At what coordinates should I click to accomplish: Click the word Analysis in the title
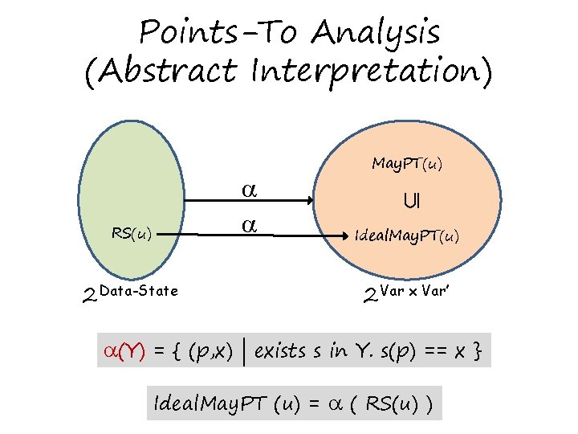[376, 34]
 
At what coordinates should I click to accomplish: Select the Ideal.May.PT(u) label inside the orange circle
[407, 236]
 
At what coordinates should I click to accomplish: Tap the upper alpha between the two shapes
[250, 190]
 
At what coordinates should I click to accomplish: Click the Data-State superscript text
[140, 291]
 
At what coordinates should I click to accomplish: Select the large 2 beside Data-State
[90, 299]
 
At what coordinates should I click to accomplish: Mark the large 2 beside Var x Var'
[370, 299]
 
